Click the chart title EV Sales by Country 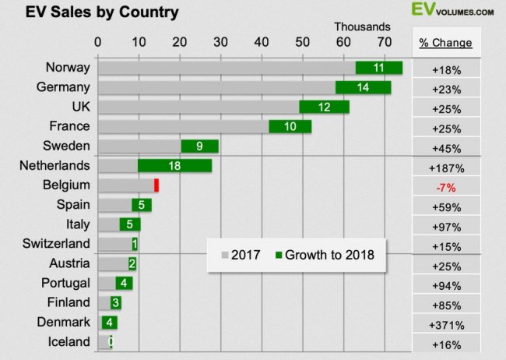tap(91, 12)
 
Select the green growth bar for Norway tap(379, 68)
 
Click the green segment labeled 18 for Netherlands tap(174, 165)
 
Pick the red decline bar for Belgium tap(156, 185)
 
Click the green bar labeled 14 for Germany tap(363, 87)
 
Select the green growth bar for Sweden tap(199, 146)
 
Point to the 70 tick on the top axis tap(383, 43)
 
